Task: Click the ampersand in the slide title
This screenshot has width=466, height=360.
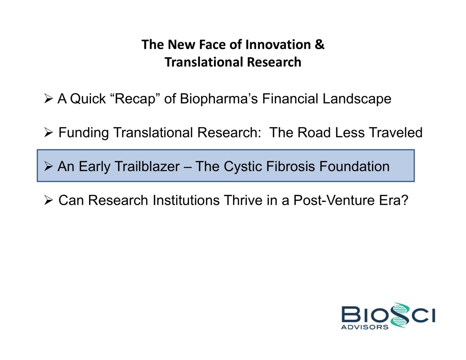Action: (x=320, y=45)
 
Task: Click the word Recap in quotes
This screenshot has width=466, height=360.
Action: (x=135, y=99)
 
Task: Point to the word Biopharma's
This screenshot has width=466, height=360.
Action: (x=219, y=99)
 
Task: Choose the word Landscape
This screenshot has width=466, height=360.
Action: (x=357, y=99)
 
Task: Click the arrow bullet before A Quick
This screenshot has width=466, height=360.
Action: (x=48, y=99)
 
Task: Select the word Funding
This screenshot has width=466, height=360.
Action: (x=84, y=133)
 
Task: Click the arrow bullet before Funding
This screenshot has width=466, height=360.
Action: (x=48, y=132)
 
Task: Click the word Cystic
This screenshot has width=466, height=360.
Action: (x=243, y=167)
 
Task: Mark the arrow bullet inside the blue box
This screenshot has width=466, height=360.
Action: (x=48, y=166)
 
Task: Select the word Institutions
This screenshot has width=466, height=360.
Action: (x=186, y=201)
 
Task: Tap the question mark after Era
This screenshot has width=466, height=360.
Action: (x=404, y=200)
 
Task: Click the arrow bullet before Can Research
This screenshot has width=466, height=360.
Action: (x=48, y=200)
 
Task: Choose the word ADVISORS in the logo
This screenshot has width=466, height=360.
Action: (x=365, y=327)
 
